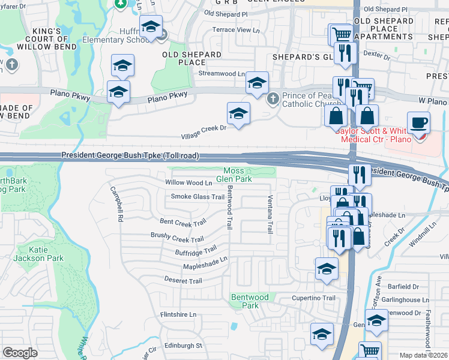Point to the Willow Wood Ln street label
(x=189, y=183)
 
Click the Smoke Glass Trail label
(x=197, y=197)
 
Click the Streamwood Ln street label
(x=221, y=74)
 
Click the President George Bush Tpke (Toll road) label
(x=130, y=156)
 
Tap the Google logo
(x=20, y=353)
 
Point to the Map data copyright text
(x=424, y=355)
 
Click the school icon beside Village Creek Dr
(x=238, y=113)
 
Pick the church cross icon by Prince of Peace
(x=273, y=97)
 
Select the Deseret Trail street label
(x=183, y=281)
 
